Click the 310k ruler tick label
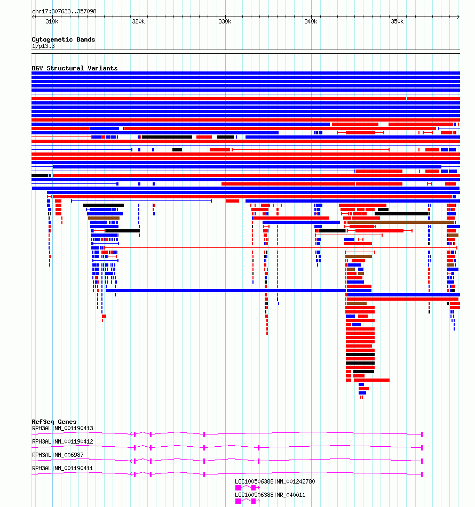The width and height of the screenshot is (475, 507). point(52,22)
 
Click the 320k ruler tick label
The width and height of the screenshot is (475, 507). point(138,22)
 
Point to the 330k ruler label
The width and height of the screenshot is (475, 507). point(225,22)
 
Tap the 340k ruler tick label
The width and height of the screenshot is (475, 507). point(311,22)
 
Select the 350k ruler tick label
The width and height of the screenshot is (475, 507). point(397,22)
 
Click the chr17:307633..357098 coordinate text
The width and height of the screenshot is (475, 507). point(64,11)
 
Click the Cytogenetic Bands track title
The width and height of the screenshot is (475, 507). point(63,39)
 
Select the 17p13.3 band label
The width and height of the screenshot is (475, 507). point(43,46)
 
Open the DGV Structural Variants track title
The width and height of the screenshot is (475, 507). point(74,68)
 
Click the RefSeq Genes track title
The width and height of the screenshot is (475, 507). point(54,422)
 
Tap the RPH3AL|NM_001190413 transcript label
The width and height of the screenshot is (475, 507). point(62,428)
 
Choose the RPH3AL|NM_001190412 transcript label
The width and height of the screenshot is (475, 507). point(62,441)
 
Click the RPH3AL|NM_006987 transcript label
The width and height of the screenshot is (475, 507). point(58,455)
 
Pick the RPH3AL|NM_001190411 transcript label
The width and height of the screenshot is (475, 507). point(62,468)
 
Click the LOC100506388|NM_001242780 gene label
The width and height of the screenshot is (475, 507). point(275,481)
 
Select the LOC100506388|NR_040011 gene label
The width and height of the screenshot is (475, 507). point(270,495)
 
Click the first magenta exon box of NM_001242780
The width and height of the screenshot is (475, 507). point(238,488)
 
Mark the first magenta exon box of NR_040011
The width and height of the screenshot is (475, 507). point(238,501)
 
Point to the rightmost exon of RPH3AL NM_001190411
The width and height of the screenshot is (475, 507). point(422,474)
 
